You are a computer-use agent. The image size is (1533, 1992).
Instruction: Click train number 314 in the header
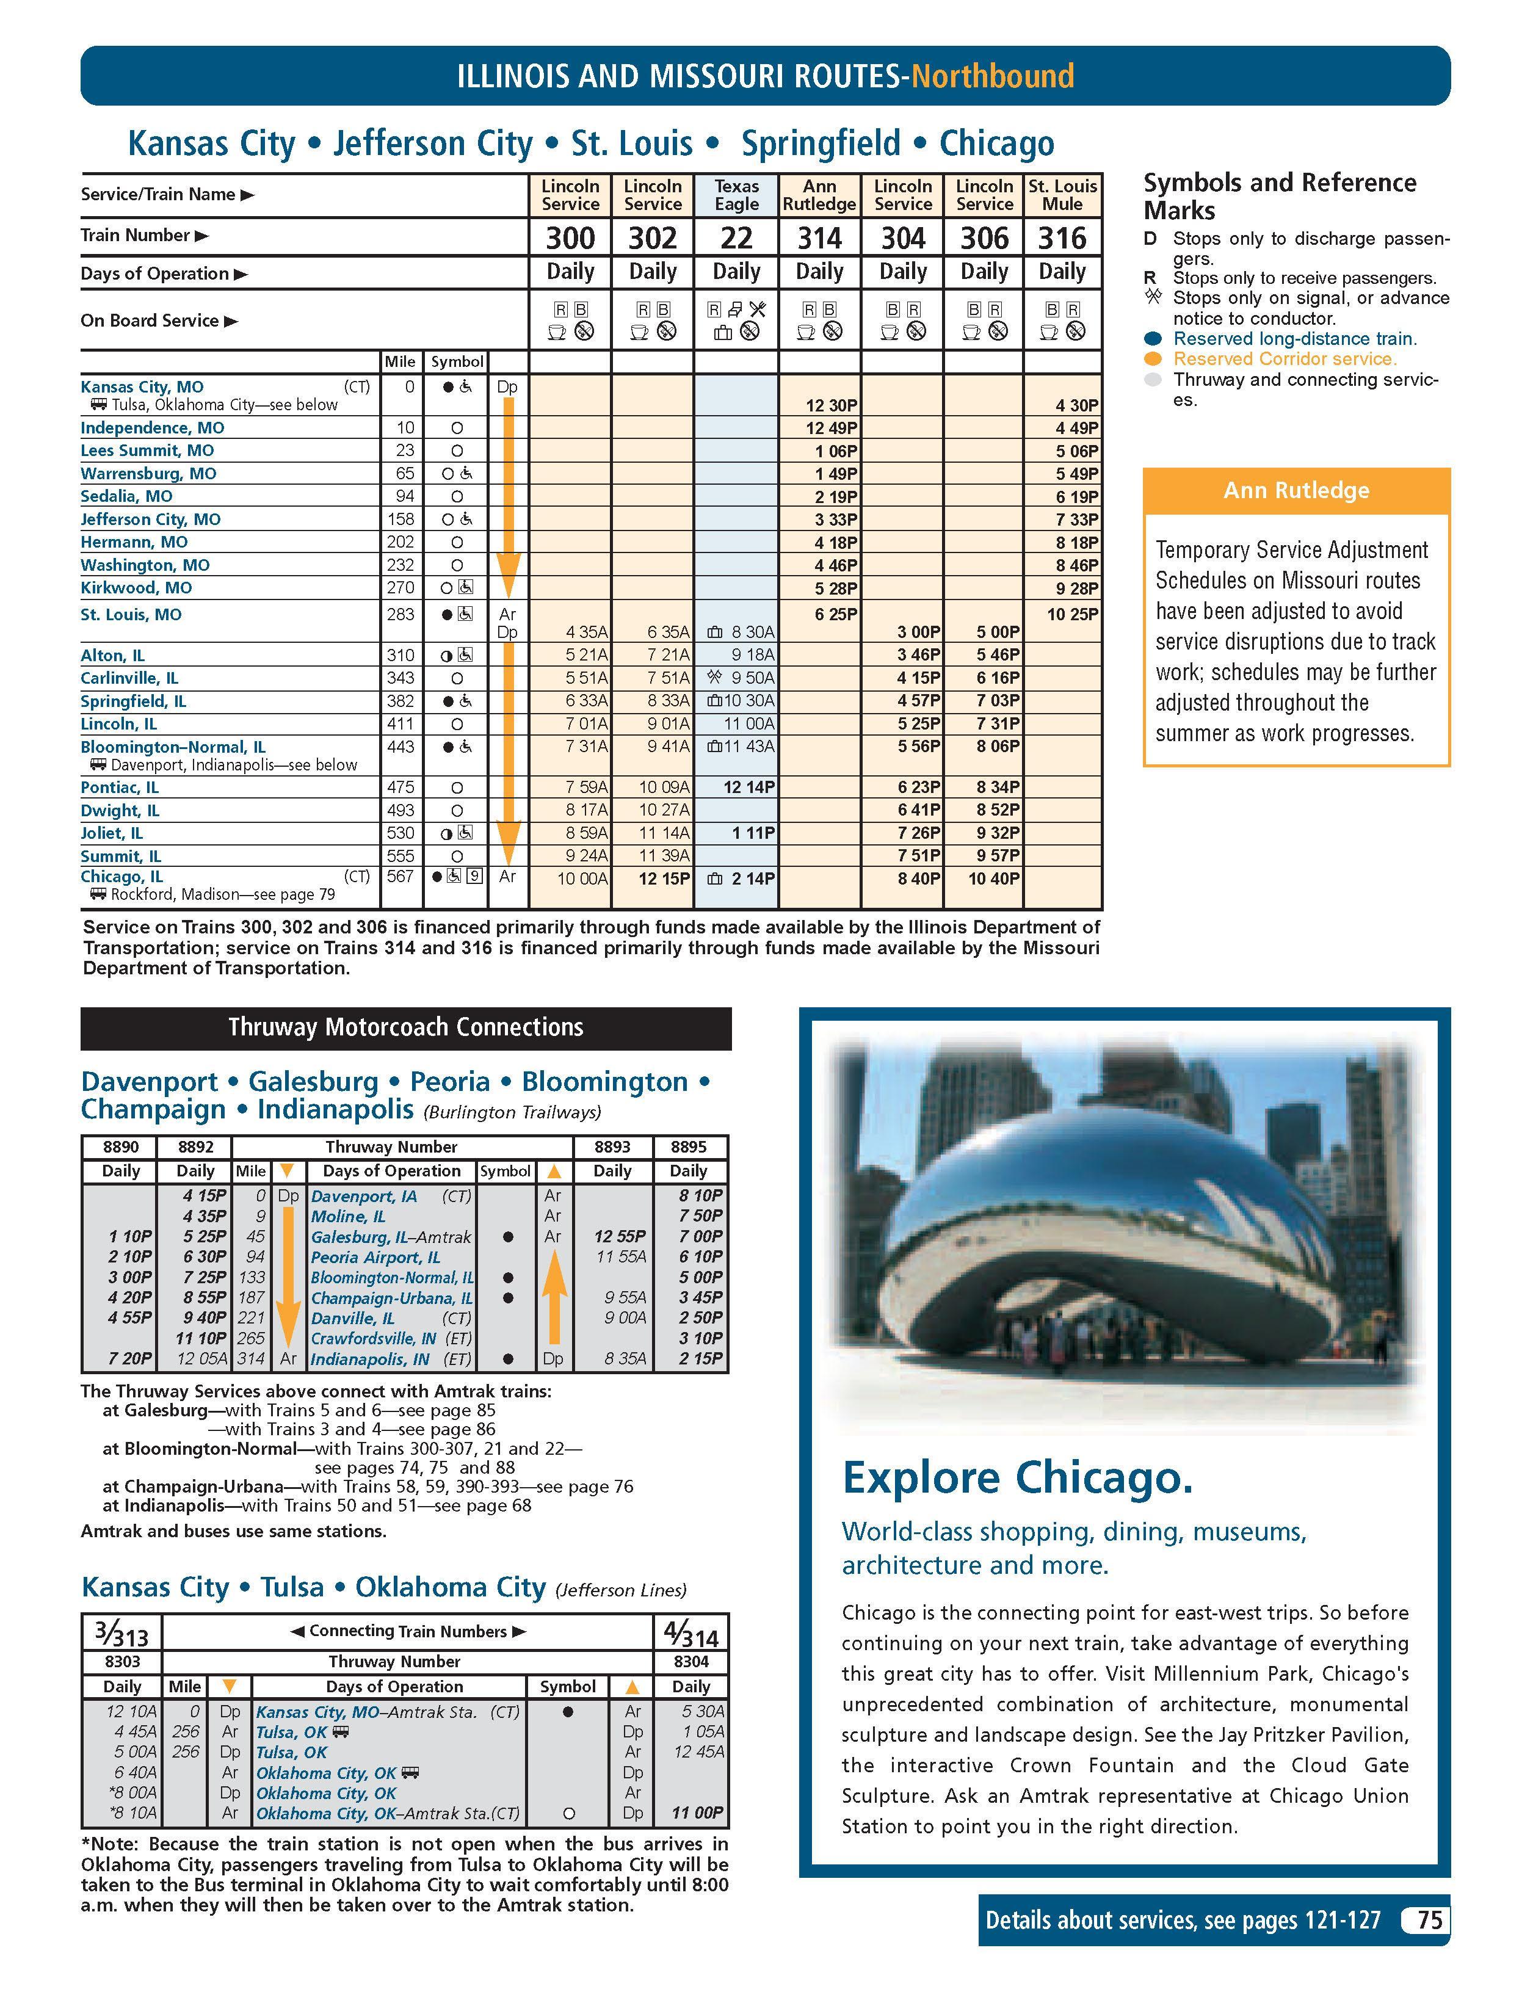coord(819,238)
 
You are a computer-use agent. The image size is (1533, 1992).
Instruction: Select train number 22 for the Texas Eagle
coord(736,238)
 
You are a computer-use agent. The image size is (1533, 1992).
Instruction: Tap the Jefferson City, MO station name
coord(150,519)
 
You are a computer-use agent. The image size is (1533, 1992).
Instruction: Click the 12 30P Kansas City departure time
coord(831,405)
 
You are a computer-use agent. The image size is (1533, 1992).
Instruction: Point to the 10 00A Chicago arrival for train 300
coord(582,878)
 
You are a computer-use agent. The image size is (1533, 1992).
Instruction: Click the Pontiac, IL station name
coord(120,787)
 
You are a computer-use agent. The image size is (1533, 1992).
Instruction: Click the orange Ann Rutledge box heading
coord(1296,491)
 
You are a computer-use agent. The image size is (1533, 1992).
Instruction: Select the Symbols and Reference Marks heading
coord(1278,196)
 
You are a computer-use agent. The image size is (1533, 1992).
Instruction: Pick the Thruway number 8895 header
coord(689,1146)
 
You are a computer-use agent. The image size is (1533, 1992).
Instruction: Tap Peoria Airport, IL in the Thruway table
coord(375,1257)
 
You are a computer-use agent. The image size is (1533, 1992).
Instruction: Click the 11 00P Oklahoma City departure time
coord(698,1813)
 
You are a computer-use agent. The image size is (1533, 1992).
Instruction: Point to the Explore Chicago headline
coord(1017,1477)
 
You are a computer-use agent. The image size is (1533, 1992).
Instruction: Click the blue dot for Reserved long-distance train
coord(1153,338)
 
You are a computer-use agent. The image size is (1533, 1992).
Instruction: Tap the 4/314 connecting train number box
coord(690,1632)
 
